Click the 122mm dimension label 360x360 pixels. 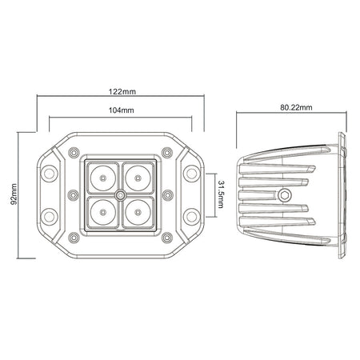[x=122, y=92]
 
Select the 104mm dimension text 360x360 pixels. [x=122, y=110]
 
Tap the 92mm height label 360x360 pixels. [x=14, y=194]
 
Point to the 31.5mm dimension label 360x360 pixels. [x=221, y=194]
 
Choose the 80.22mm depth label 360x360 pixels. [x=296, y=107]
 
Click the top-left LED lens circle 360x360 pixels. [x=103, y=178]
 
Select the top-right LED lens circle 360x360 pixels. [x=138, y=178]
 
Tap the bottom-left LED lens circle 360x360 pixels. [x=103, y=212]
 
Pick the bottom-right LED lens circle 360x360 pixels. [x=138, y=212]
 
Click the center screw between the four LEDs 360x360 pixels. [x=121, y=195]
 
